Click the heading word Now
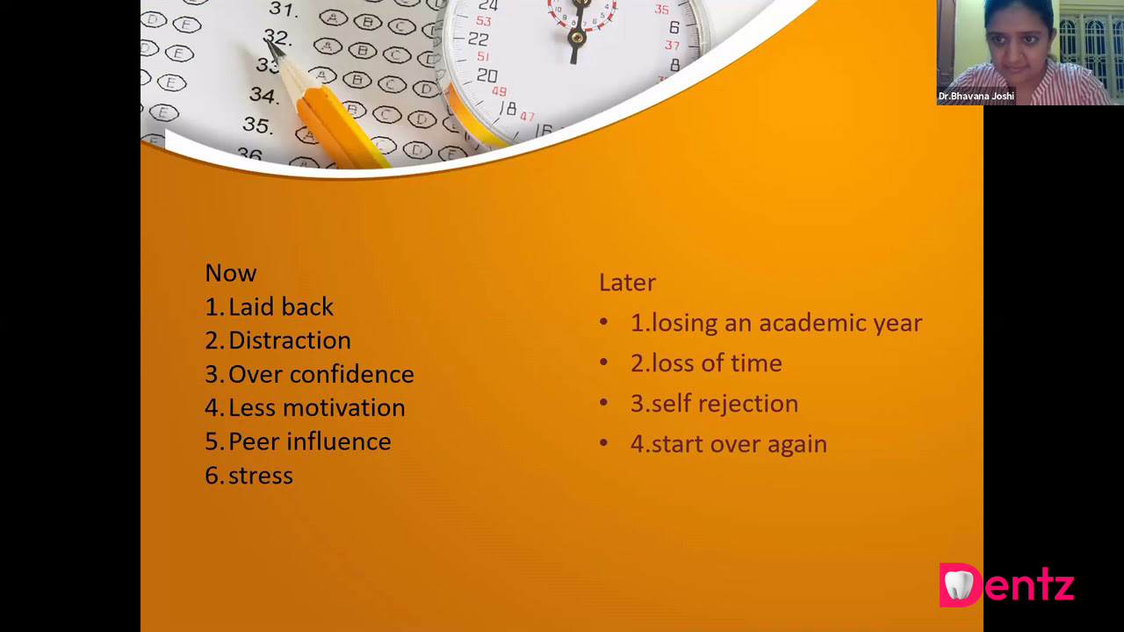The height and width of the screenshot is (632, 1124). (231, 273)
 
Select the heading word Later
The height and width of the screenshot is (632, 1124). (627, 283)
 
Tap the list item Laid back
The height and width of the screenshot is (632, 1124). (280, 306)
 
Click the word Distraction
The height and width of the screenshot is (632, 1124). (290, 340)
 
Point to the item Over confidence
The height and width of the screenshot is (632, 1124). (321, 374)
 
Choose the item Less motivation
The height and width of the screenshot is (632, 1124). (317, 407)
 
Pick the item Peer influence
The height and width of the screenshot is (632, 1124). (310, 442)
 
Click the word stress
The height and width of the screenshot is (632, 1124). (261, 476)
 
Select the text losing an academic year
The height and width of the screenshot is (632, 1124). (787, 323)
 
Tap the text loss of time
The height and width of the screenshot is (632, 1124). (717, 363)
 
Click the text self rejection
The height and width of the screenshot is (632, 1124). (724, 404)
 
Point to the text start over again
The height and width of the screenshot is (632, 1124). (739, 444)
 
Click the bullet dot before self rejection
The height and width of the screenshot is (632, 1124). (603, 402)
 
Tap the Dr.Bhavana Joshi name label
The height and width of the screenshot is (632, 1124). (976, 96)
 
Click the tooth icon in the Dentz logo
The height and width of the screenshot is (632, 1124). (958, 585)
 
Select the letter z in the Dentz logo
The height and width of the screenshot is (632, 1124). (1062, 587)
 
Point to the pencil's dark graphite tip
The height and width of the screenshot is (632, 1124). (273, 48)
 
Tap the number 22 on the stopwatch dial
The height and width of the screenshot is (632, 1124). (478, 39)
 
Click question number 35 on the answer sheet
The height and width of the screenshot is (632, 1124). (258, 125)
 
